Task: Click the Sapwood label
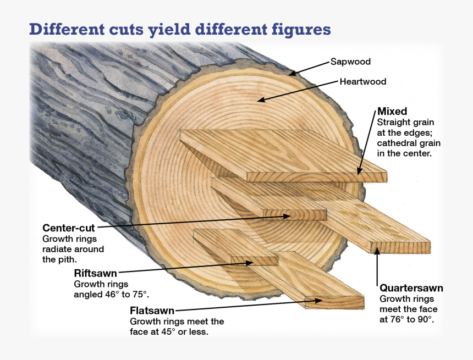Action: [x=350, y=62]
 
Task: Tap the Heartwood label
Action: [x=363, y=82]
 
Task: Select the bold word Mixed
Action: [x=392, y=111]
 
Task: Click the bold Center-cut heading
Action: [x=69, y=228]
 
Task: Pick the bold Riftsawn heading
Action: [x=95, y=274]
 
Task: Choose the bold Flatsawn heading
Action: [x=152, y=311]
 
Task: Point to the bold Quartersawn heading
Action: [x=411, y=288]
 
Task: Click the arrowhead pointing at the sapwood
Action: [x=291, y=73]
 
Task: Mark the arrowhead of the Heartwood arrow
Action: [x=261, y=100]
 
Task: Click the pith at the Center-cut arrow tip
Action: [x=291, y=216]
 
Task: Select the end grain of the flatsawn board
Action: [x=334, y=302]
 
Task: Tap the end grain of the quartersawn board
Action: [x=400, y=247]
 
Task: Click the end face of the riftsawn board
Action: [x=255, y=261]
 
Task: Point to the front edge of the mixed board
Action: [x=317, y=177]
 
